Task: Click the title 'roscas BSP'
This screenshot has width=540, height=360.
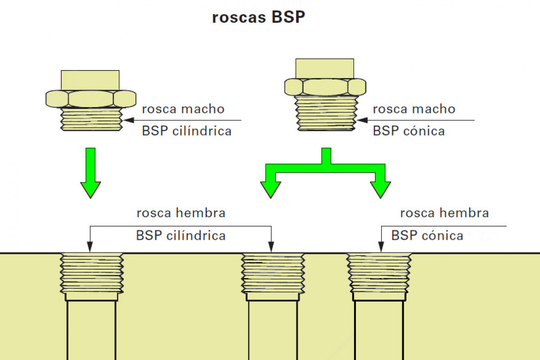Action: (x=258, y=18)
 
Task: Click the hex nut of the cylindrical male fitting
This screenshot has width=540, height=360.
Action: (x=90, y=99)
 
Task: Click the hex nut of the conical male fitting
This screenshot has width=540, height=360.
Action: (x=325, y=86)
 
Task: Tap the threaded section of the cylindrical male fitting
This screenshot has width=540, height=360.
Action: (x=91, y=120)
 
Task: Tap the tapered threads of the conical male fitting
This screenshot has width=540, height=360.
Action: (x=326, y=113)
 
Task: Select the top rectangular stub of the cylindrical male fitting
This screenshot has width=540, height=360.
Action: (x=90, y=80)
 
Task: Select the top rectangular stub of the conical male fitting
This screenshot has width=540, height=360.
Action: (x=324, y=68)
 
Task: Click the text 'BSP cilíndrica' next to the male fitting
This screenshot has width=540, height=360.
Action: (x=187, y=131)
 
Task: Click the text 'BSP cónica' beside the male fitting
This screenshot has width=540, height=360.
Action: (x=409, y=131)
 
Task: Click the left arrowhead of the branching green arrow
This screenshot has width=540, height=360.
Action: (x=270, y=189)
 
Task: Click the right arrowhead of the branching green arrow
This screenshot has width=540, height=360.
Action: (x=380, y=189)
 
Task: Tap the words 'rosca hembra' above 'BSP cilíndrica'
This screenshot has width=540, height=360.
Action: (x=181, y=213)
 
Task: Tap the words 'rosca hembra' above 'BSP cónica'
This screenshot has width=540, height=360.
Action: (x=444, y=213)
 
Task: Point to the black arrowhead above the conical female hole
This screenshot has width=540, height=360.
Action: (x=381, y=247)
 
